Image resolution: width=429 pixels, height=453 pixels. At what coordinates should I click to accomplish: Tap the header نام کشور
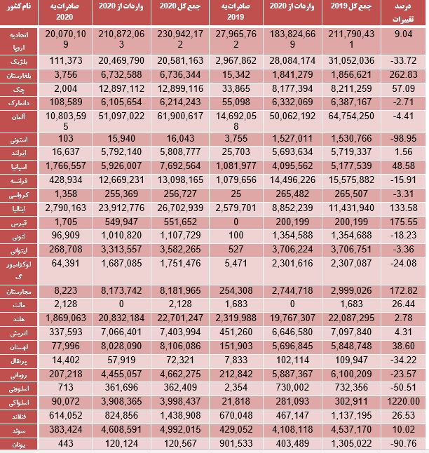[x=18, y=7]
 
